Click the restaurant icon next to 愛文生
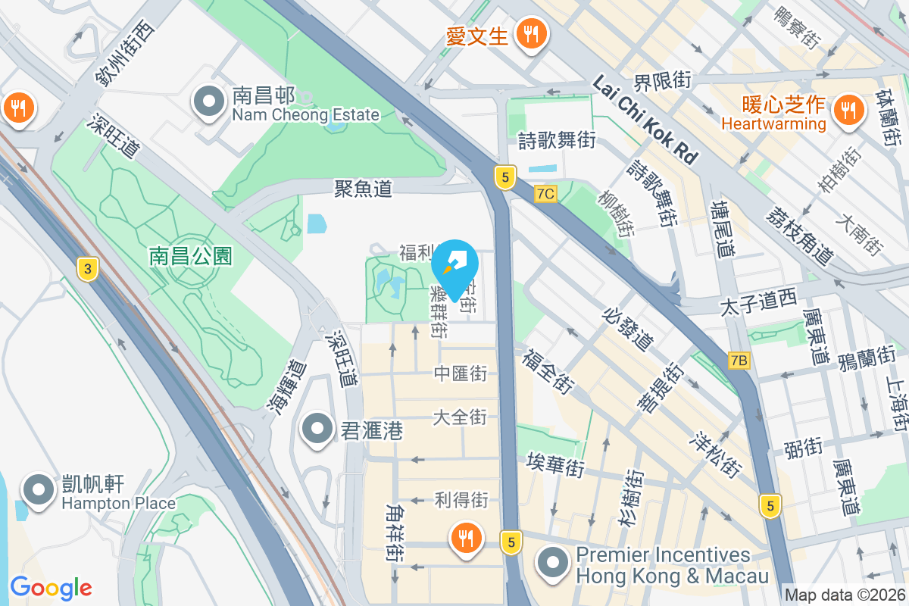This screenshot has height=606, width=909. [533, 34]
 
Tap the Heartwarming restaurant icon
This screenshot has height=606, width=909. [845, 111]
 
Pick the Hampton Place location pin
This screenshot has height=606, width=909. [37, 490]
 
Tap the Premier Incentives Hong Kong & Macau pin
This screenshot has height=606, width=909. [554, 563]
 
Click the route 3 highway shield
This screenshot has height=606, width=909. [88, 267]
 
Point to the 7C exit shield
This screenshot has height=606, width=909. [545, 194]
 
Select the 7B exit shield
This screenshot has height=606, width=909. [739, 361]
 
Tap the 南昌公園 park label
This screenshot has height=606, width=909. [190, 256]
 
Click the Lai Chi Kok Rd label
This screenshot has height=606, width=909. [645, 120]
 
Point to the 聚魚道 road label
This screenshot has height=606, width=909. [364, 188]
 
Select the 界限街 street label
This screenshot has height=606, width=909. [663, 79]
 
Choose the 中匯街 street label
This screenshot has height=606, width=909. [460, 373]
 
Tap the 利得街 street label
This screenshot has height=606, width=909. [461, 500]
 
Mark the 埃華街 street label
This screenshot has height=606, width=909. [556, 464]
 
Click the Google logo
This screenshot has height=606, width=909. [51, 588]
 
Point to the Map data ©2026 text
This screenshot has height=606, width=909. [844, 595]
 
